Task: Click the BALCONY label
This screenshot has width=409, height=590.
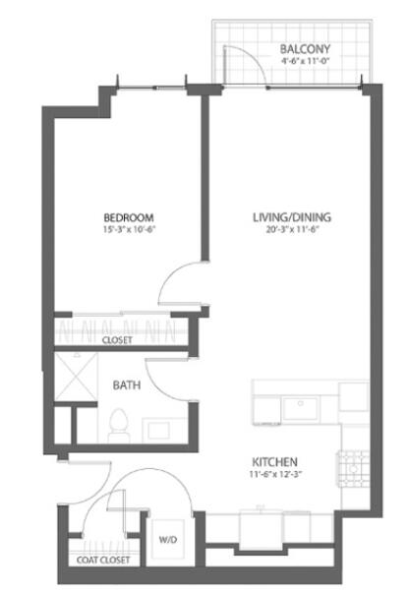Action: point(305,49)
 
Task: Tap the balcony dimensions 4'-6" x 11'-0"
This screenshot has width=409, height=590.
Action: point(305,61)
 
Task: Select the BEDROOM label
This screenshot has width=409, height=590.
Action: point(129,217)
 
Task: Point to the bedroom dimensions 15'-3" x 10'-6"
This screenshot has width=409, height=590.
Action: point(129,229)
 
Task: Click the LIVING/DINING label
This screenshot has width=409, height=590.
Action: point(292,217)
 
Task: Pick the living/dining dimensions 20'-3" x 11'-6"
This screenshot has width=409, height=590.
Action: point(293,229)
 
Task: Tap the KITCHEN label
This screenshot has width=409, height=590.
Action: point(274,462)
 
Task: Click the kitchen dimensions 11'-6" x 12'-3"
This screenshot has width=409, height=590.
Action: point(276,474)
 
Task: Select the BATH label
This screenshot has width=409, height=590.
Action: point(127,384)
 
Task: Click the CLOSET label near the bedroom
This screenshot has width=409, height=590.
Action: point(117,340)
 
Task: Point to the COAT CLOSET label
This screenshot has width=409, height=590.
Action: point(103,560)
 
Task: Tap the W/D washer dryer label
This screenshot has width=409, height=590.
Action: point(168,540)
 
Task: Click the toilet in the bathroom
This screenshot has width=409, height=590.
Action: point(119,425)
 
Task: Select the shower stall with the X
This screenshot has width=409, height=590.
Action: point(76,377)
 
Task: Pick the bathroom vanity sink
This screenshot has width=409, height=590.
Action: point(158,431)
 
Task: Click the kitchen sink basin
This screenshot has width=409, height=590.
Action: point(300,408)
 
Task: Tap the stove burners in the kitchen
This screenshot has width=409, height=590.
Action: point(353,469)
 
